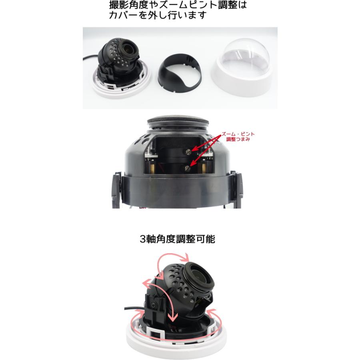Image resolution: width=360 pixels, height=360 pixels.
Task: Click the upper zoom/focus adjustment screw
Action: tap(189, 151)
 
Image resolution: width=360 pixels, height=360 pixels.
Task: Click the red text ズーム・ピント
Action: tap(238, 135)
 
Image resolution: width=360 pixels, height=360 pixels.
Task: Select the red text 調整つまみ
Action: tap(239, 140)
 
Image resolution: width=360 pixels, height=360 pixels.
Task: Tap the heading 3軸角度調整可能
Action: tap(178, 239)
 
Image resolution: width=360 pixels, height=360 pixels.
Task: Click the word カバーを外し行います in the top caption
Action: tap(158, 16)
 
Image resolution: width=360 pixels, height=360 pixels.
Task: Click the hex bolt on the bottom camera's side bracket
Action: tap(154, 306)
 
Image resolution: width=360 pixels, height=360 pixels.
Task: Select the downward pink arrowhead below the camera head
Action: tap(173, 318)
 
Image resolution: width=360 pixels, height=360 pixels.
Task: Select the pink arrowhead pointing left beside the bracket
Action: tap(145, 283)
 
